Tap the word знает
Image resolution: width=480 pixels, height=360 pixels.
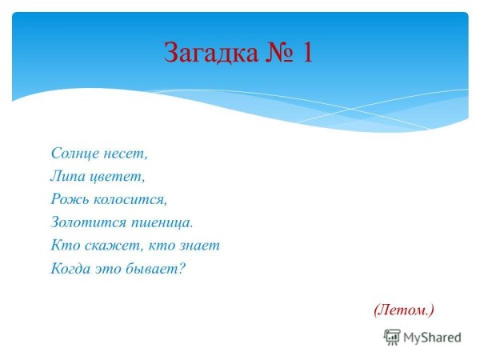click(198, 245)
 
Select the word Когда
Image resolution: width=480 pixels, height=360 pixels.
click(70, 268)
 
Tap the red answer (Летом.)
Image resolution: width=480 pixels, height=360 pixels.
click(403, 307)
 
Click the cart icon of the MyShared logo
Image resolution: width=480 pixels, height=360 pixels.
click(392, 337)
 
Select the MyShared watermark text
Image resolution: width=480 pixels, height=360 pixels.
click(432, 338)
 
